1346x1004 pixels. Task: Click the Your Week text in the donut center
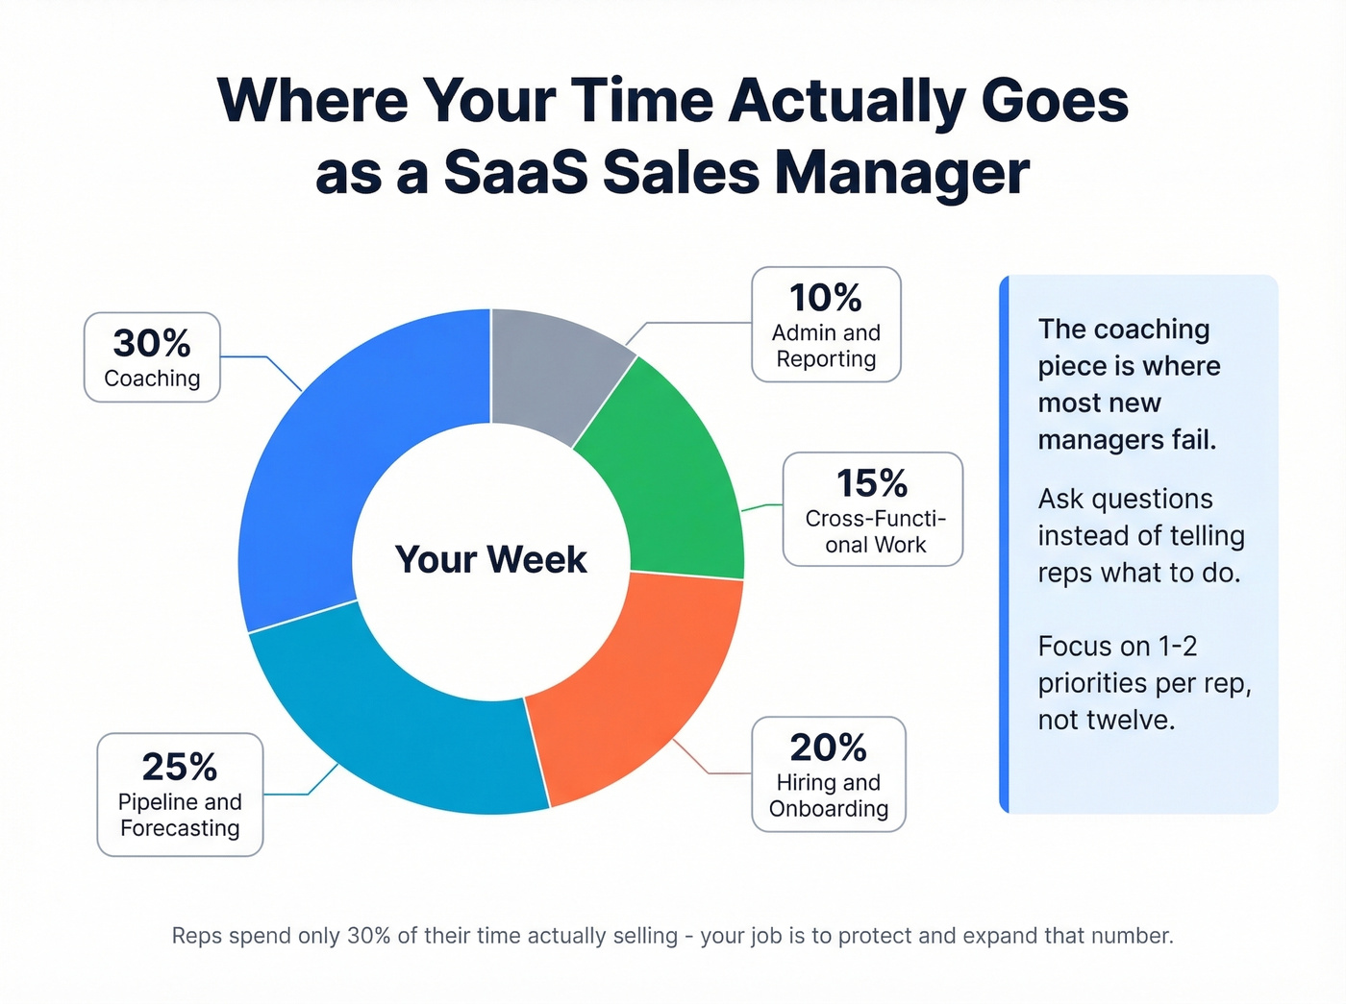tap(490, 559)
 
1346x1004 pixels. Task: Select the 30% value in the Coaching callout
tap(152, 343)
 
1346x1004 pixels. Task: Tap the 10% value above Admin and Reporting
tap(825, 298)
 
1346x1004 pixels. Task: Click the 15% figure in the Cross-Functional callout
tap(871, 483)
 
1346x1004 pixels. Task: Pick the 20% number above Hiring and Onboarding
tap(828, 747)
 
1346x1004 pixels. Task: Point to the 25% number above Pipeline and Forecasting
tap(179, 767)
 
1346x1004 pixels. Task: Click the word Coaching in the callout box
tap(152, 379)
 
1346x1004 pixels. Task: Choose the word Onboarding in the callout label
tap(828, 809)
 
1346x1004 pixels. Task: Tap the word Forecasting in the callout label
tap(180, 828)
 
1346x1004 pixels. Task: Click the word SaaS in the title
tap(513, 174)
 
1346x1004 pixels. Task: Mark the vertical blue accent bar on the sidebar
tap(1005, 544)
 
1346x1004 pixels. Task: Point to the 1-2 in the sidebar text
tap(1177, 646)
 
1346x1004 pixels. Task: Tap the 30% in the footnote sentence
tap(368, 936)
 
